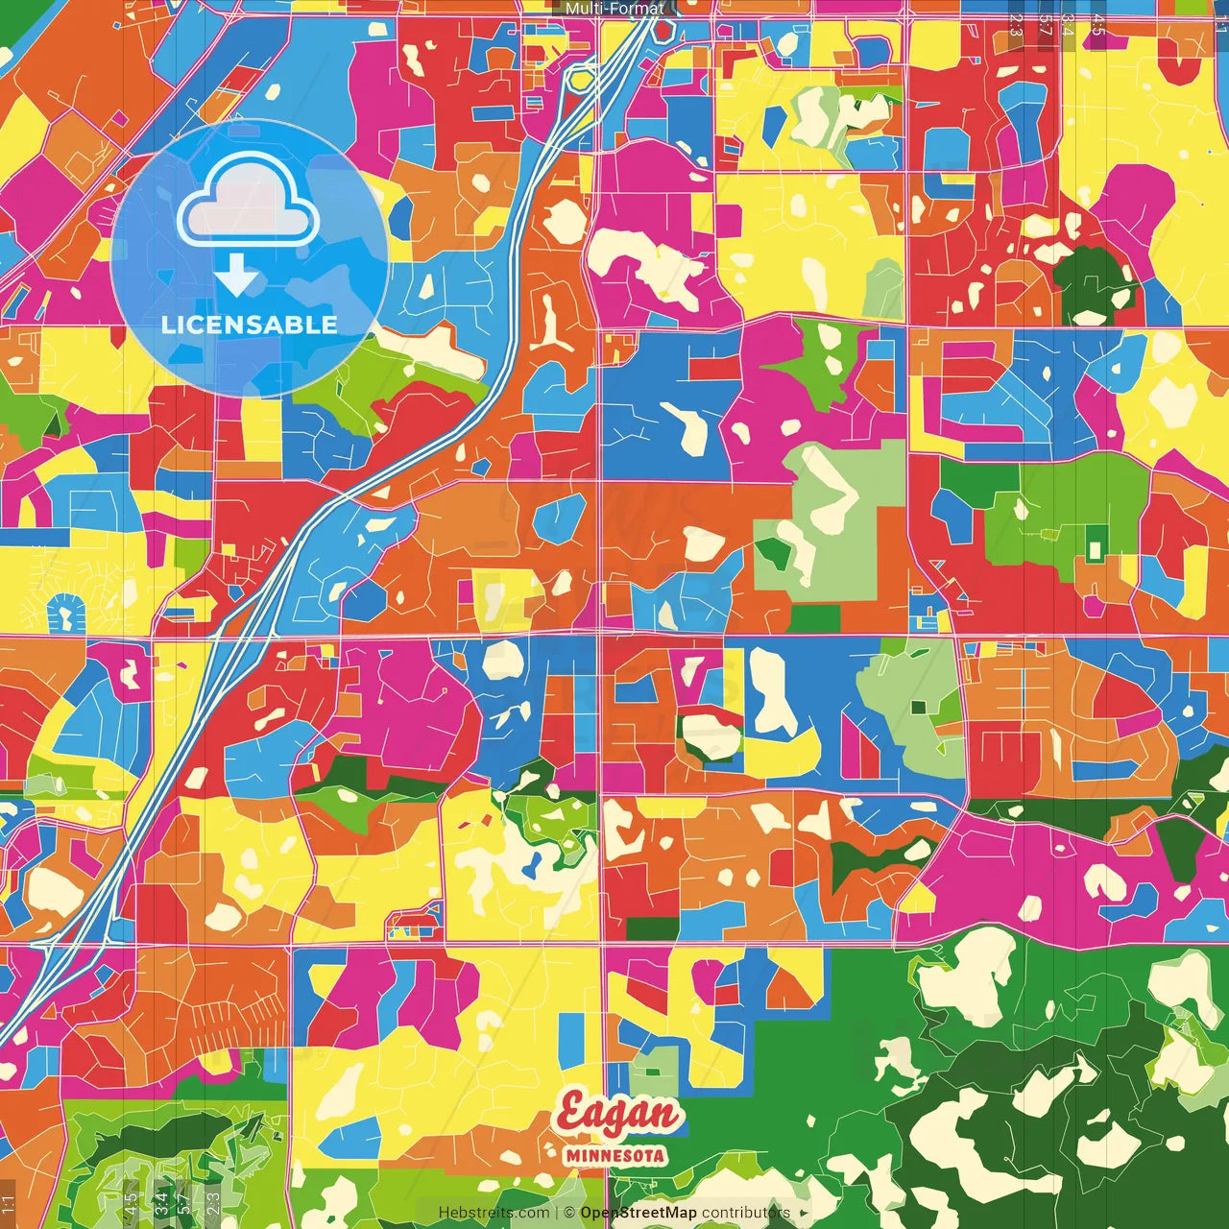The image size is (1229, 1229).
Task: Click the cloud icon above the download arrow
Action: point(248,202)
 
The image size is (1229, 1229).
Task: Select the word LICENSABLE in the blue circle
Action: point(250,325)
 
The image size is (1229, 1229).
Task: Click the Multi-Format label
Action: point(614,9)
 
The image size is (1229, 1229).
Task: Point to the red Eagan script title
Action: point(618,1115)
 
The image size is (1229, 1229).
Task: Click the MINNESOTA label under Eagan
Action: point(615,1155)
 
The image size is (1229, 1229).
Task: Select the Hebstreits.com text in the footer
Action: point(494,1213)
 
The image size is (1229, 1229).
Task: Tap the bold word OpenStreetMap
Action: point(639,1213)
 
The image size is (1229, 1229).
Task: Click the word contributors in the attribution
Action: point(746,1213)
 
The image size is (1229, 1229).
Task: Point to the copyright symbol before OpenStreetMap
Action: point(569,1213)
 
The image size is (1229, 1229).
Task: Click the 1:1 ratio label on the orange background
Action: point(9,1203)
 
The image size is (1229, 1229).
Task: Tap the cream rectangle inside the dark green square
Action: point(1094,550)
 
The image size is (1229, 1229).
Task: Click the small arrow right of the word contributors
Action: point(805,1213)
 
